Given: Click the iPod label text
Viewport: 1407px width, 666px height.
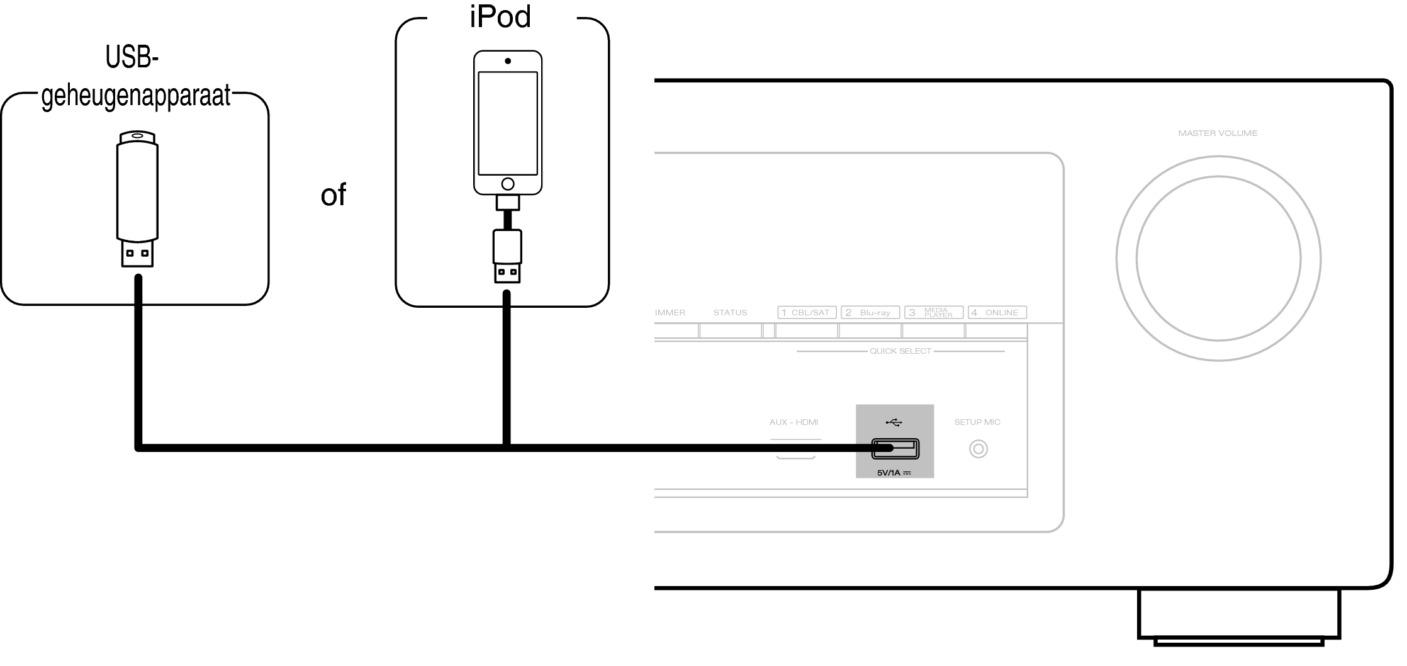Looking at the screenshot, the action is click(500, 16).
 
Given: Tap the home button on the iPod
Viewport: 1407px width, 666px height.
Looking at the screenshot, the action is click(508, 184).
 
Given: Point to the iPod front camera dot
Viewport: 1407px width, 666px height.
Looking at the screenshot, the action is click(508, 61).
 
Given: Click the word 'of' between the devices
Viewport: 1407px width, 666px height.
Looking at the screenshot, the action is click(333, 195).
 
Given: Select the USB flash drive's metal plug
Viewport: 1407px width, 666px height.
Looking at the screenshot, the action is click(138, 254).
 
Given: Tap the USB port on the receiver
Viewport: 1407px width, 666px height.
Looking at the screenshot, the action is click(895, 449).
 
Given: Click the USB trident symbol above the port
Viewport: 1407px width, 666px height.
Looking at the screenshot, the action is click(894, 422).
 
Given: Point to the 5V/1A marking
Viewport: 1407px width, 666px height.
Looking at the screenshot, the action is click(894, 473).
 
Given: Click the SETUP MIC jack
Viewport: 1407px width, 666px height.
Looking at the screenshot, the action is click(978, 449).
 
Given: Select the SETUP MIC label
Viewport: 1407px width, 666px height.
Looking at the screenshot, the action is click(977, 422).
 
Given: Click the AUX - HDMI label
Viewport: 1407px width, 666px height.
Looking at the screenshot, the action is click(794, 422).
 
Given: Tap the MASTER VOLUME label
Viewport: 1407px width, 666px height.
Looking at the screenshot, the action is click(1218, 133).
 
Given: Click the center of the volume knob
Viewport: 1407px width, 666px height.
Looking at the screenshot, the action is click(1218, 258).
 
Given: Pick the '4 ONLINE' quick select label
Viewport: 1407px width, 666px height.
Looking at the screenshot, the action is click(997, 312).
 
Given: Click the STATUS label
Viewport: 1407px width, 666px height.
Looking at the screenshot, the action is click(730, 312).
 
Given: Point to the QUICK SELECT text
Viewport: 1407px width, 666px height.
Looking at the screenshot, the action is click(900, 351).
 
